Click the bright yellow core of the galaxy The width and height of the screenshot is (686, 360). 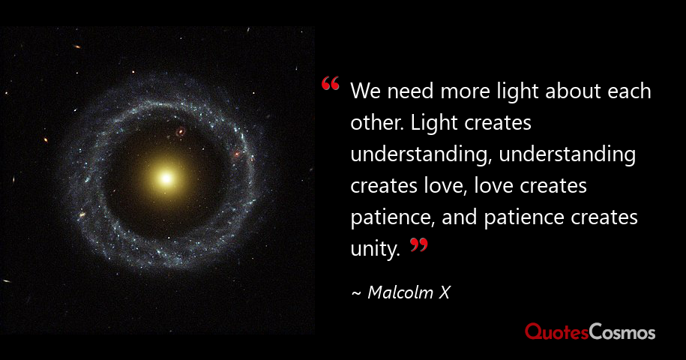(166, 178)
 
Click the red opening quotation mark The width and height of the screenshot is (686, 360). (330, 84)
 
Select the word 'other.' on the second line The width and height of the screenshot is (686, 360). (376, 124)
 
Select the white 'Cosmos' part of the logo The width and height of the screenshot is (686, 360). (622, 331)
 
